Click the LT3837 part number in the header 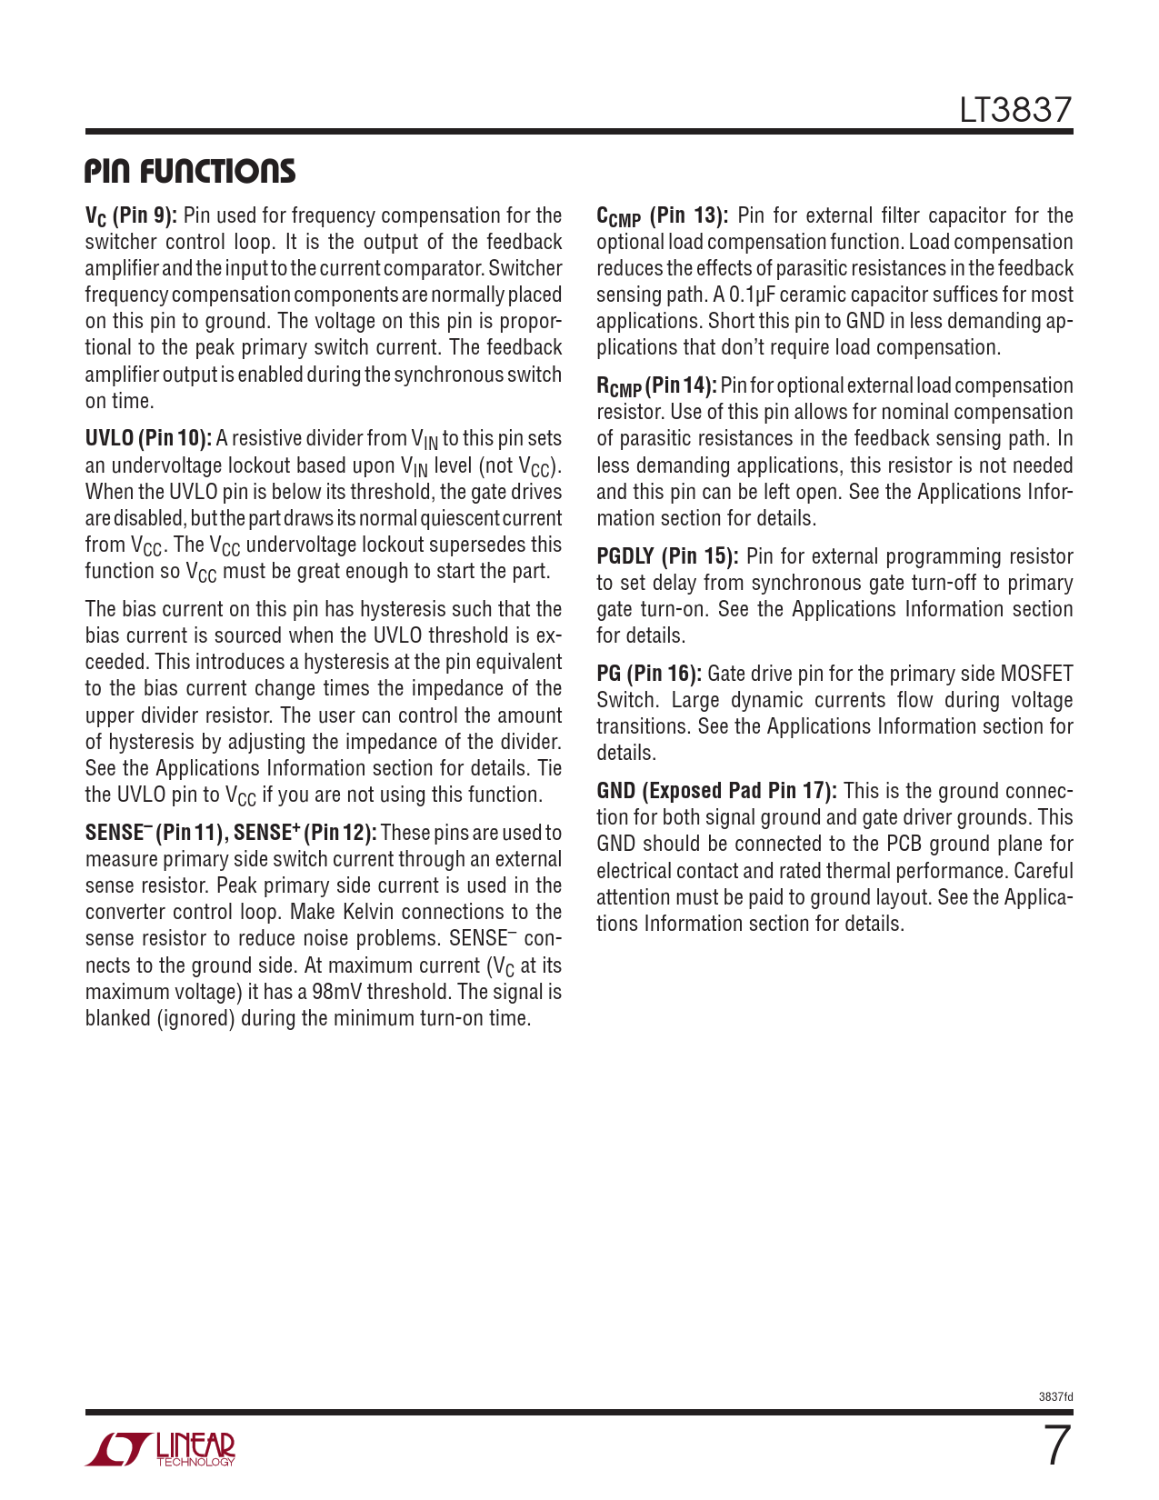(x=1015, y=111)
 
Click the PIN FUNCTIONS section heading (x=190, y=171)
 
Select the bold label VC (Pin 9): (x=131, y=216)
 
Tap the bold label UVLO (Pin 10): (x=148, y=439)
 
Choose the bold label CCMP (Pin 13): (x=662, y=216)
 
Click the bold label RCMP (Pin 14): (x=656, y=386)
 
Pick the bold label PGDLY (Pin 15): (x=667, y=556)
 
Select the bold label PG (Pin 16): (x=649, y=674)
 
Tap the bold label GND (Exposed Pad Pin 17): (x=716, y=791)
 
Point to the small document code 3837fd (x=1055, y=1396)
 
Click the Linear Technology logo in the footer (x=161, y=1449)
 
